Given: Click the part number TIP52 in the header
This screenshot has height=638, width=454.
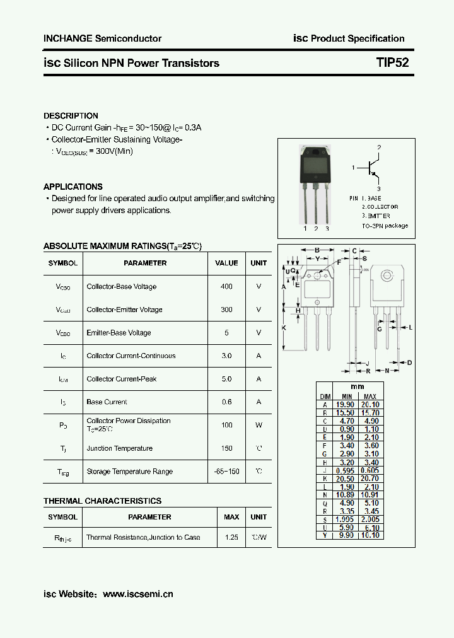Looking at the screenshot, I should point(392,63).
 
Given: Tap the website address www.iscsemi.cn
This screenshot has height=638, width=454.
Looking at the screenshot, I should point(137,594).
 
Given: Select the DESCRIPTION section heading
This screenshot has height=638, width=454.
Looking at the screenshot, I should point(71,116).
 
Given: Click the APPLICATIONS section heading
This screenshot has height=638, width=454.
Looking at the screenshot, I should point(73,187).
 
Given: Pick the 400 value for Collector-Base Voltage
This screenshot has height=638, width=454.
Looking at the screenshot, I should point(226,286).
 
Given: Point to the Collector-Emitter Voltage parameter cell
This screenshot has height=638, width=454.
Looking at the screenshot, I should point(124,310).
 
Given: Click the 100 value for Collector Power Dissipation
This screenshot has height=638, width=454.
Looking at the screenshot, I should point(226,425).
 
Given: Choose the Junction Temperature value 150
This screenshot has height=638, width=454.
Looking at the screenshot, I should point(226,448).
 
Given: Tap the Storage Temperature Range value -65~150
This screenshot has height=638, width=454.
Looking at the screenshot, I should point(226,472).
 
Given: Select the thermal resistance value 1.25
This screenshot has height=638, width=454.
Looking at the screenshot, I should point(231,537).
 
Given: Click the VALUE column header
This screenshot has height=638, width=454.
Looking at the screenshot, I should point(226,263).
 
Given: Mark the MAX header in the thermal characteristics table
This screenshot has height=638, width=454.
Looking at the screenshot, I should point(231,517).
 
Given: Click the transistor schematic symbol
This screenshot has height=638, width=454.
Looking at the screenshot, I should point(373,168).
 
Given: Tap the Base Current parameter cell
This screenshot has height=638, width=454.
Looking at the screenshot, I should point(107,402).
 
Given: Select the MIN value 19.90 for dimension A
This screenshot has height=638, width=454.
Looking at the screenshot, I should point(346,405).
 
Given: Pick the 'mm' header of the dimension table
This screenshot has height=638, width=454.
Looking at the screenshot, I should point(358,386).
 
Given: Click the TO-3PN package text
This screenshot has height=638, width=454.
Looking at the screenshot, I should point(385,226).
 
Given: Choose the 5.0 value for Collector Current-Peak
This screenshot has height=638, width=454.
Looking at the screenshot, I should point(226,379).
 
